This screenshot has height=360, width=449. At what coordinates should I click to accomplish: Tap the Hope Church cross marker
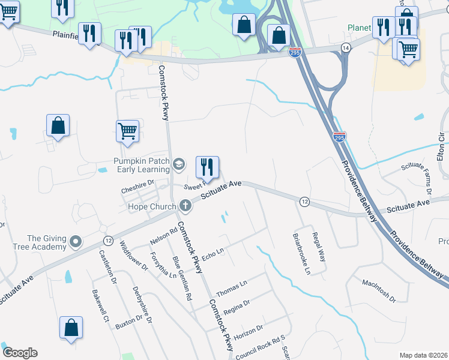click(185, 206)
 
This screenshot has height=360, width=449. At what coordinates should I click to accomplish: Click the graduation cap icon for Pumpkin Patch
click(178, 164)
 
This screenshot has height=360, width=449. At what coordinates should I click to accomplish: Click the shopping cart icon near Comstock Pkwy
click(127, 131)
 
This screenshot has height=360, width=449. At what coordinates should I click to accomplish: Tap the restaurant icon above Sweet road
click(207, 166)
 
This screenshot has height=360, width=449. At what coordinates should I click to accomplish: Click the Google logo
click(20, 353)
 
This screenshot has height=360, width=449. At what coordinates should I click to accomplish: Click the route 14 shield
click(345, 47)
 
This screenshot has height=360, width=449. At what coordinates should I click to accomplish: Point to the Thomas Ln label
click(231, 287)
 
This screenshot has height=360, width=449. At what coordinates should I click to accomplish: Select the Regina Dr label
click(236, 307)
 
